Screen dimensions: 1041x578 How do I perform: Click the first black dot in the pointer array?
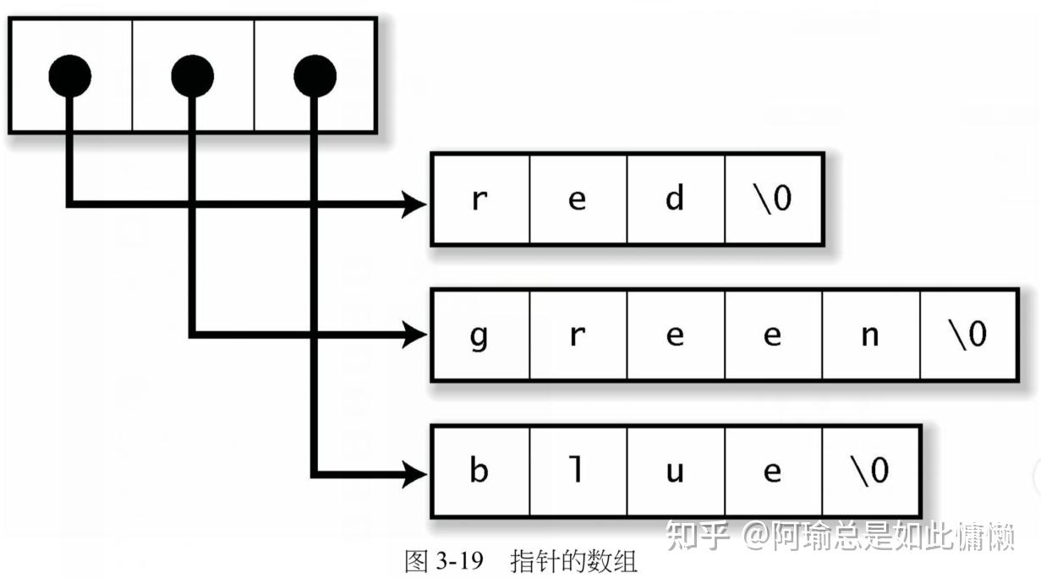tap(69, 77)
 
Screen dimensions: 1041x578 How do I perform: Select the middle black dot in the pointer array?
tap(192, 77)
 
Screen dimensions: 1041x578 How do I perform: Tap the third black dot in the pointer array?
tap(315, 77)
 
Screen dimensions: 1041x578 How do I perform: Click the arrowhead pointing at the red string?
tap(414, 204)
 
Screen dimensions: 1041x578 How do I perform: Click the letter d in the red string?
tap(675, 200)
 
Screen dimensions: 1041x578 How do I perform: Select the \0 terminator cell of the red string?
tap(773, 200)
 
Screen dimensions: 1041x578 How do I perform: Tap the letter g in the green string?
tap(479, 336)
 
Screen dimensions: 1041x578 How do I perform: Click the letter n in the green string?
tap(870, 335)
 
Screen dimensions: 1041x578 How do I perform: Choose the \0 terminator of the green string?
tap(968, 335)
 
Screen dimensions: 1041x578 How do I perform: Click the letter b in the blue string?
tap(479, 470)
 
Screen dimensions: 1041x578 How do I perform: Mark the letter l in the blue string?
tap(577, 470)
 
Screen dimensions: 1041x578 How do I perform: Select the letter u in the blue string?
tap(675, 471)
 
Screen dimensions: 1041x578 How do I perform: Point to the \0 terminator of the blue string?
tap(870, 470)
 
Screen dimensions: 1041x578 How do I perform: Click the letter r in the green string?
tap(577, 335)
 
